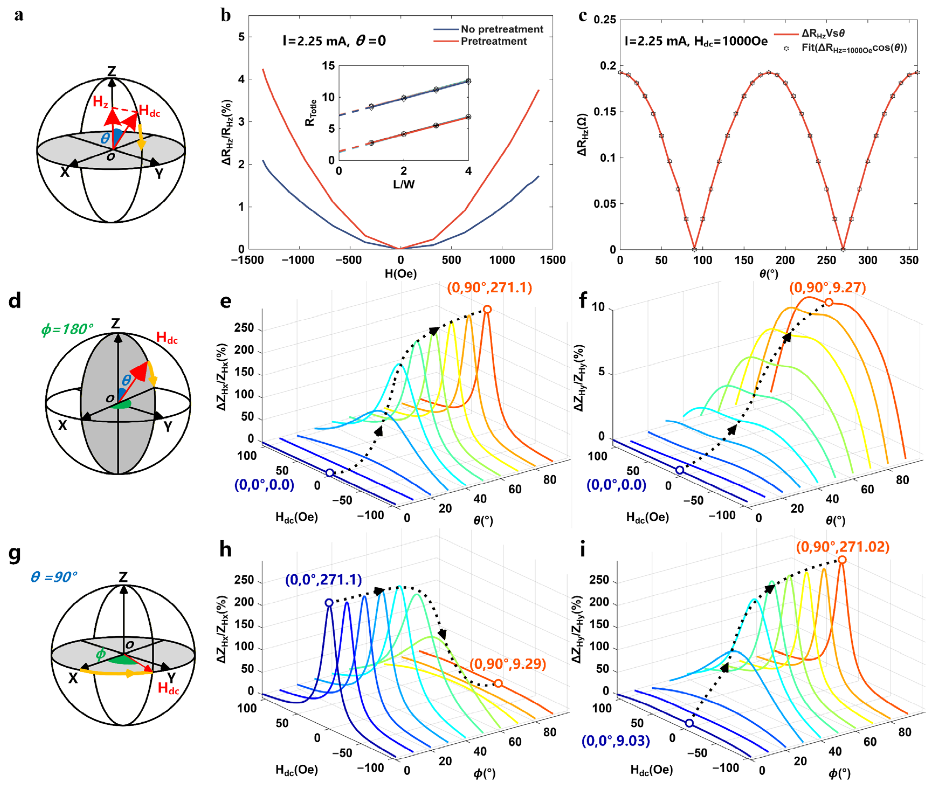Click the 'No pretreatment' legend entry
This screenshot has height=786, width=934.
click(x=502, y=29)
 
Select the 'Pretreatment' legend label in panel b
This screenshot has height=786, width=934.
click(x=494, y=42)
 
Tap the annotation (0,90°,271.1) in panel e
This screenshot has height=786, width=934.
click(x=490, y=288)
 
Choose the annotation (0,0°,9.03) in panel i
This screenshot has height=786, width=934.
click(x=616, y=741)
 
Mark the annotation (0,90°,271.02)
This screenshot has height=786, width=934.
click(x=843, y=547)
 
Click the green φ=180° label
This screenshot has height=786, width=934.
click(x=67, y=329)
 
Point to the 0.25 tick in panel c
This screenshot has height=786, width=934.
click(x=605, y=20)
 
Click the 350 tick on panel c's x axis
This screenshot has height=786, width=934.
click(x=909, y=260)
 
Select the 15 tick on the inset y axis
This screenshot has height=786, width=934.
click(x=328, y=66)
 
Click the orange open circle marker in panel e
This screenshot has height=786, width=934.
click(x=487, y=310)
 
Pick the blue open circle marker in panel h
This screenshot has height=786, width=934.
click(x=329, y=603)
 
